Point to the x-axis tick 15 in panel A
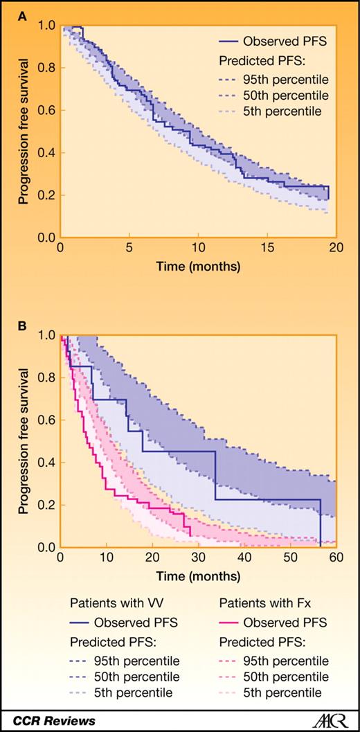coord(267,248)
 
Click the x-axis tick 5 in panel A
coord(129,248)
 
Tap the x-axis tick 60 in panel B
coord(336,558)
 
